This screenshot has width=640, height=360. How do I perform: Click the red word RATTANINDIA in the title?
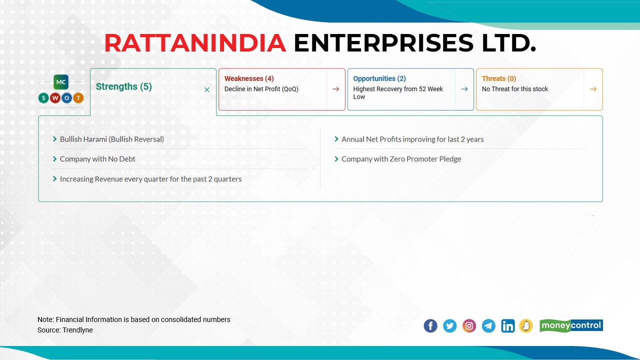pos(195,43)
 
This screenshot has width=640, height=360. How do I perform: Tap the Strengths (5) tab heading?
pos(123,86)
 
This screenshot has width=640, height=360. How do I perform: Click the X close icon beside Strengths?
pos(207,90)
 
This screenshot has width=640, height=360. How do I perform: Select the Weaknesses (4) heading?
pos(248,78)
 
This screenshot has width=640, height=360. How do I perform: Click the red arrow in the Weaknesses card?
pos(335,89)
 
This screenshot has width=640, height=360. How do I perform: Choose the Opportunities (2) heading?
pos(379,78)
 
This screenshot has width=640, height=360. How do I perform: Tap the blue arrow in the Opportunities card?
pos(464,89)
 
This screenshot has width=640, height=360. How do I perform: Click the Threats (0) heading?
pos(498,78)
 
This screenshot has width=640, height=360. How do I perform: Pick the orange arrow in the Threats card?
pos(593,89)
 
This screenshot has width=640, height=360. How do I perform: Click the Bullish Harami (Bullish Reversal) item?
pos(111,139)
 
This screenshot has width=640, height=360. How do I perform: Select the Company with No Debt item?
pos(97,159)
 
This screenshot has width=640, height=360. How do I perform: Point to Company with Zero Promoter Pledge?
pos(401,159)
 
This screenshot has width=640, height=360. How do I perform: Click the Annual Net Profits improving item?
pos(412,139)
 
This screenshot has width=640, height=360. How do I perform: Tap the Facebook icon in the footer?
pos(430,326)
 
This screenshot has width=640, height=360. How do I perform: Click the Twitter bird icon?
pos(450,326)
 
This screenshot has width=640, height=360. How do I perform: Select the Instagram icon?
pos(469,326)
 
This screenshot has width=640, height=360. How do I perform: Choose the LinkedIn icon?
pos(507,326)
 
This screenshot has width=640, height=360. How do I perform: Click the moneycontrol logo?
pos(571,325)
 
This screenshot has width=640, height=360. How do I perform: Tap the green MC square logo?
pos(61,82)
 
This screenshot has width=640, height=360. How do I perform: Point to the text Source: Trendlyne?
pos(65,330)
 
